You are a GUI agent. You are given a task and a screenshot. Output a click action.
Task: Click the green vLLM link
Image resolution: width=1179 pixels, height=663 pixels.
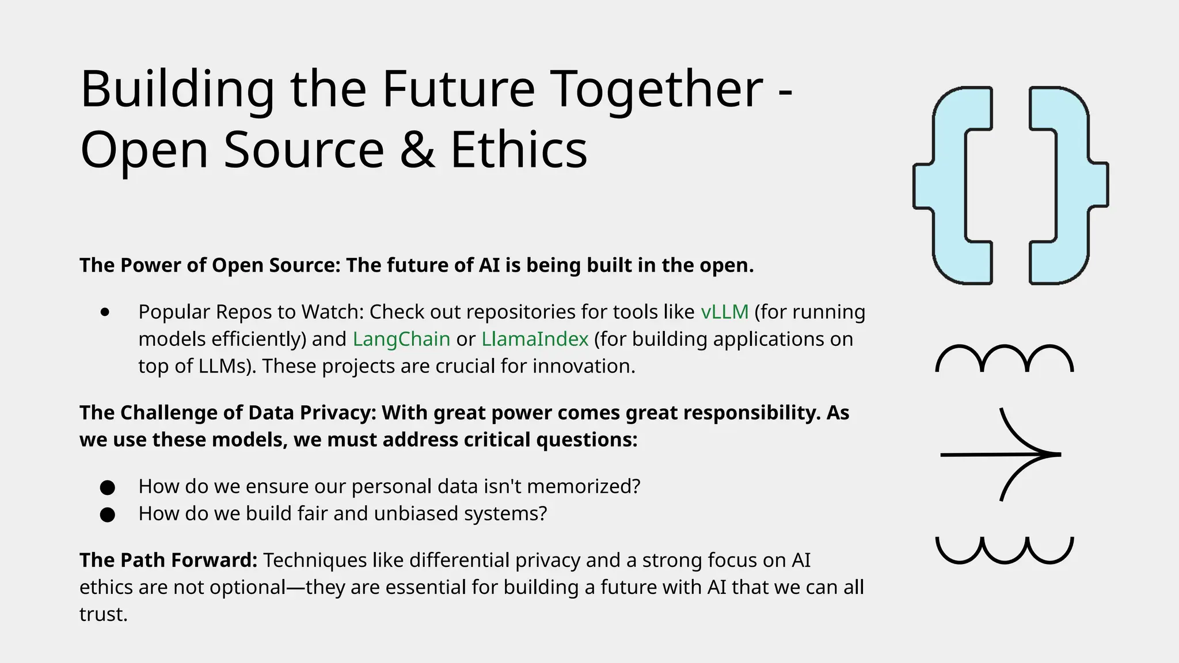click(724, 312)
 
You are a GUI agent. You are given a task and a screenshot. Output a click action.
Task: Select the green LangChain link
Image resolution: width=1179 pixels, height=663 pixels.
click(401, 339)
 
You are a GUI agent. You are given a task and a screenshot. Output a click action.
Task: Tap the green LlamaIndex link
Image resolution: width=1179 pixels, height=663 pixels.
click(535, 339)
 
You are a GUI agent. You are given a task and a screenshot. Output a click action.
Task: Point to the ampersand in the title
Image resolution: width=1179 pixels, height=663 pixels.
click(417, 150)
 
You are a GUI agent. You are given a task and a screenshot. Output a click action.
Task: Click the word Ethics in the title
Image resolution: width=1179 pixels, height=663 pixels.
click(518, 150)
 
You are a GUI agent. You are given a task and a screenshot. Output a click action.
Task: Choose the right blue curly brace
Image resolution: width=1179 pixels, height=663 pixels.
click(1068, 185)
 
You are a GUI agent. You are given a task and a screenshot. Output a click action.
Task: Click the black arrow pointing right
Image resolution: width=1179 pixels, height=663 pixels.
click(1002, 454)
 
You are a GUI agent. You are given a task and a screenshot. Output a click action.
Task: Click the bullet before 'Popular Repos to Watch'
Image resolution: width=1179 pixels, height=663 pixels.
click(105, 313)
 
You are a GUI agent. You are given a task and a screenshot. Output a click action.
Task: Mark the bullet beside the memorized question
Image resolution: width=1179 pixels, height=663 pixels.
click(107, 487)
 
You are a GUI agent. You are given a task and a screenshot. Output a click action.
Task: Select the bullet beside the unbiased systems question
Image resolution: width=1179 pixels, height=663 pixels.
click(107, 515)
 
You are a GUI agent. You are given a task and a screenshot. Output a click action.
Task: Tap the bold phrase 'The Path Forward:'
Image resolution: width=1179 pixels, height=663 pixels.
click(168, 560)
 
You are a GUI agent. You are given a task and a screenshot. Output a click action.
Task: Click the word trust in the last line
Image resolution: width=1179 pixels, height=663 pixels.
click(102, 614)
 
